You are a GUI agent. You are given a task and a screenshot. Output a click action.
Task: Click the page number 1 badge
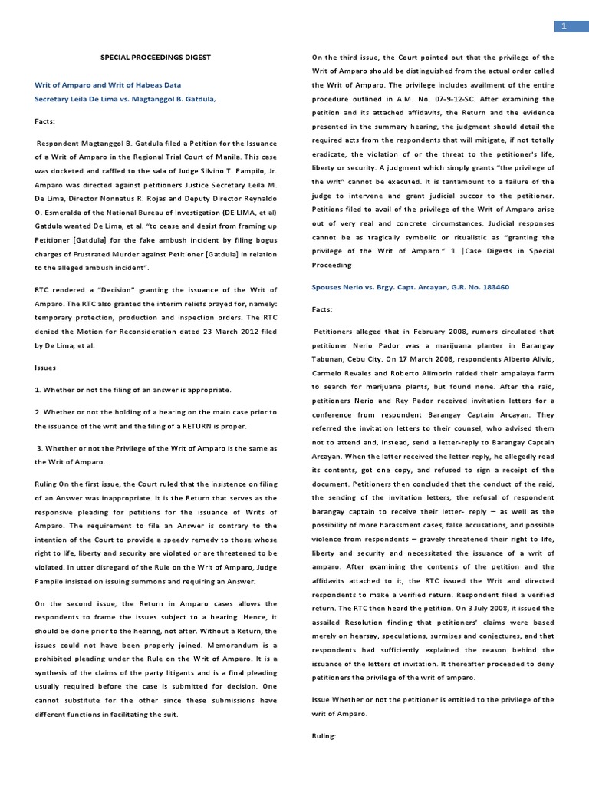tap(564, 26)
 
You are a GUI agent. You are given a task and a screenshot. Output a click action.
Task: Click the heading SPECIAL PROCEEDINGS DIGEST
tap(156, 57)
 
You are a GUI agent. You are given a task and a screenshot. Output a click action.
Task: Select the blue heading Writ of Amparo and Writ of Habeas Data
tap(108, 85)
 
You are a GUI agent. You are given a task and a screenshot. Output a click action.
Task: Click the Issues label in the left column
tap(46, 368)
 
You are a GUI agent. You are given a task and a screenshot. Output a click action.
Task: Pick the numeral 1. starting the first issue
tap(38, 390)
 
